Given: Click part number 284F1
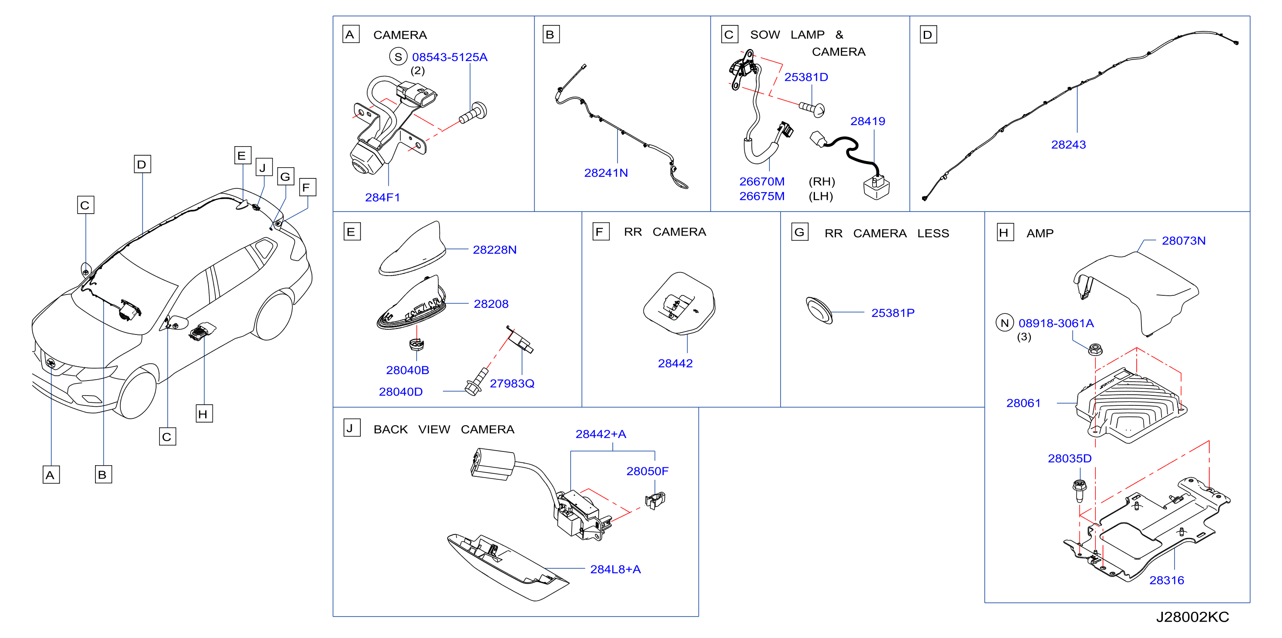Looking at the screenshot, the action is tap(382, 198).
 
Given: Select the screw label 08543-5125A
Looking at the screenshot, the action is tap(449, 57).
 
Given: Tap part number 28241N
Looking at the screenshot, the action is tap(606, 173).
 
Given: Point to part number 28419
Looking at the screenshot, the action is tap(867, 121).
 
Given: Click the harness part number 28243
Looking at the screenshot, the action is tap(1068, 145).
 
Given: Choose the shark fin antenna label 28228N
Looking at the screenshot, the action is tap(494, 250).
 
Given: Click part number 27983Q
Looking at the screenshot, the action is tap(512, 383).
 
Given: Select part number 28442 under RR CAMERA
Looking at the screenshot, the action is tap(675, 363).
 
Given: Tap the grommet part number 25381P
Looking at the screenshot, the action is tap(892, 313).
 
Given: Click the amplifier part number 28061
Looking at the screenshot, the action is tap(1023, 403).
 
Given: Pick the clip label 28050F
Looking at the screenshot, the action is tap(647, 471).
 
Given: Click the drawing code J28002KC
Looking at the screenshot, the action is tap(1192, 617).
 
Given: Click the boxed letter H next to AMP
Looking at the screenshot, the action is tap(1005, 233).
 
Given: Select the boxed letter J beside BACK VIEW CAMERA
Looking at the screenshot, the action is tap(351, 428).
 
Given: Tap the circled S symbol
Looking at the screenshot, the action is tap(398, 57).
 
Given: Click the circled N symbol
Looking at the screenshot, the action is tap(1004, 323).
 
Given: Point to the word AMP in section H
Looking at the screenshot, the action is tap(1039, 233).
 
